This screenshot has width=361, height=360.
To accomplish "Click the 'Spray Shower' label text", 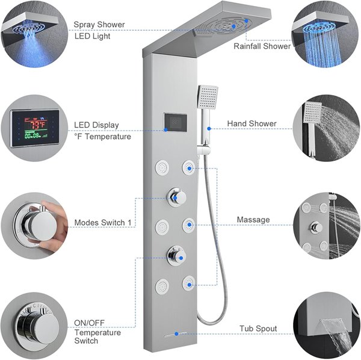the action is [x=99, y=25].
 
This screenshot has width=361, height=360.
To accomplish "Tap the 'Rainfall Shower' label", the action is [x=262, y=46].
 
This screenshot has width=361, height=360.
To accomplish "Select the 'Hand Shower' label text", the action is [x=251, y=123].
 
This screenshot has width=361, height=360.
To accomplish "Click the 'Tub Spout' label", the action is [x=258, y=329].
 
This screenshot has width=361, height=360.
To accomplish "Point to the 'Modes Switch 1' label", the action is [x=103, y=223].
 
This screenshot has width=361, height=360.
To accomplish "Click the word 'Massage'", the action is [x=253, y=220].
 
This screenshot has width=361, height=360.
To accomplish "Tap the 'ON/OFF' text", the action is [x=89, y=323].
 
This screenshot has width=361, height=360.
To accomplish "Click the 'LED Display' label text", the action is [x=96, y=125].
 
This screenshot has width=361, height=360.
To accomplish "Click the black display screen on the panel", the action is [x=175, y=122].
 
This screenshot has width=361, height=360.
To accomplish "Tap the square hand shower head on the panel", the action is [x=208, y=97].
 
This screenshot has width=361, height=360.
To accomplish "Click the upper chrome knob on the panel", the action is [x=177, y=197].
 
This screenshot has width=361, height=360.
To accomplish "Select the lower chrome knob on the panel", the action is [x=176, y=256].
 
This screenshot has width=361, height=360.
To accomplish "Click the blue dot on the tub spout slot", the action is [x=176, y=334].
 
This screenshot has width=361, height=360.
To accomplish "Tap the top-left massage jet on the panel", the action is [x=162, y=167].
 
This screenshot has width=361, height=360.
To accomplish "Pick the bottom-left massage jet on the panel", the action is [x=162, y=286].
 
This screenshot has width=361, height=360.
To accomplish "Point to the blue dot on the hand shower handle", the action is [x=209, y=128].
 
